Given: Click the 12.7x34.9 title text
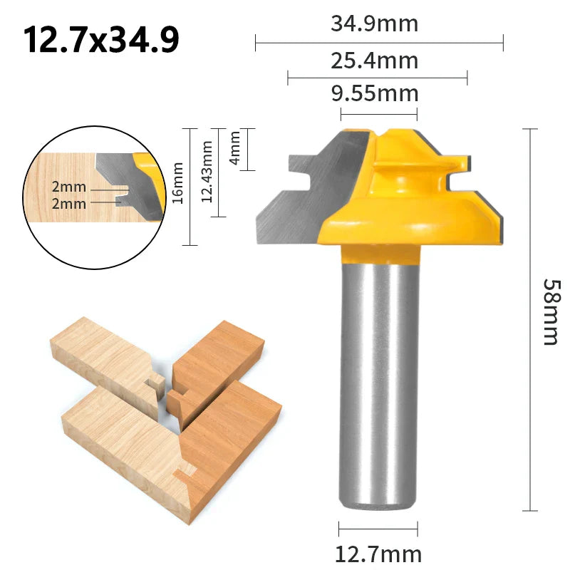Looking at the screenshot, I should click(101, 41).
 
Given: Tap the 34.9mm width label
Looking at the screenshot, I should click(374, 24).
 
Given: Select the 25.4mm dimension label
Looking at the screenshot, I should click(374, 59).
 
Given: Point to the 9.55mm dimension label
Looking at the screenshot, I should click(374, 93).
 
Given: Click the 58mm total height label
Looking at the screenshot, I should click(550, 311).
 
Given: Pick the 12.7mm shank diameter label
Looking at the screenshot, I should click(378, 554).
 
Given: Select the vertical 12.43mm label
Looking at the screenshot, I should click(207, 171).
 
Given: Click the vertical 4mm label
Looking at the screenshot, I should click(235, 149).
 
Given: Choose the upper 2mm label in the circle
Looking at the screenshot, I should click(68, 187).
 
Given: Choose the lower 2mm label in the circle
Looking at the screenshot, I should click(68, 204).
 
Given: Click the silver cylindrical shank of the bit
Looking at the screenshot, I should click(378, 378).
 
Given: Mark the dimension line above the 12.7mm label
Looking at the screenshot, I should click(378, 529).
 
